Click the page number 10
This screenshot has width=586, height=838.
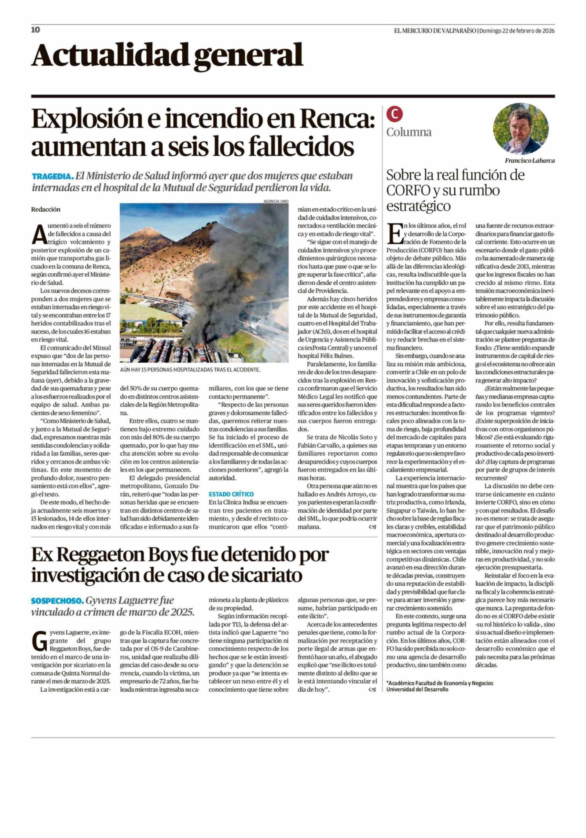tap(35, 30)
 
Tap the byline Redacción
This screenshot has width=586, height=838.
tap(46, 210)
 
